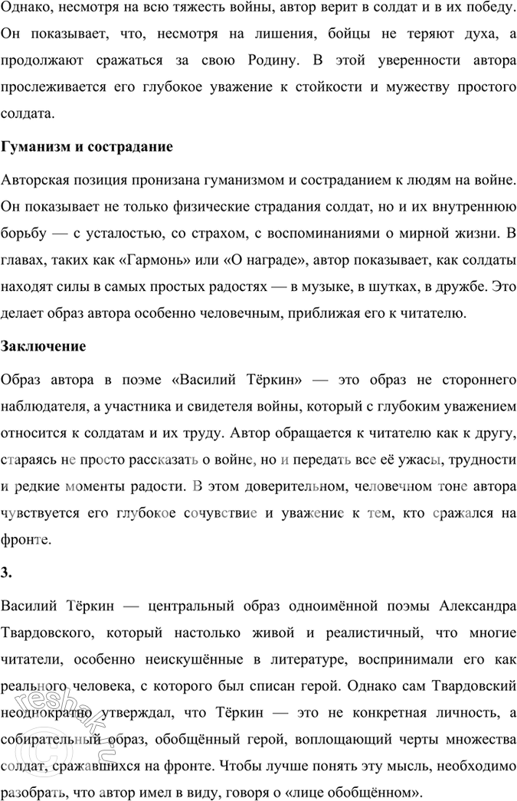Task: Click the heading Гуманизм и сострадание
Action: point(88,145)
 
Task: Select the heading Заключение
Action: point(44,346)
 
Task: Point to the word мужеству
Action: point(411,87)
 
